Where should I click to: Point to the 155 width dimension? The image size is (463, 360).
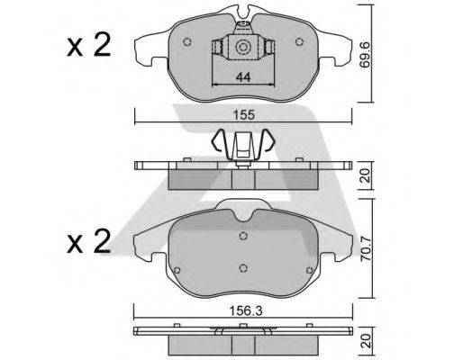click(242, 115)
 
